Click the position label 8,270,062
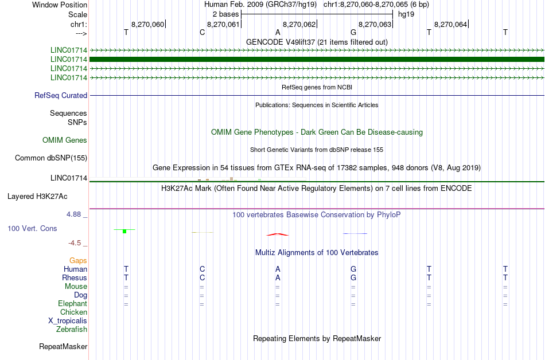tap(299, 24)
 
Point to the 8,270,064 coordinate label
tap(450, 24)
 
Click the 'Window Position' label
tap(60, 5)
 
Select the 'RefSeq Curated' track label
tap(61, 96)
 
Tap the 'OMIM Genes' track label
tap(65, 140)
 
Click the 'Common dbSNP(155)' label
tap(51, 158)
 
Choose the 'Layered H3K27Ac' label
tap(37, 197)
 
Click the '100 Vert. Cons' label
tap(32, 228)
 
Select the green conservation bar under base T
tap(124, 231)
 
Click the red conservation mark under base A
tap(277, 234)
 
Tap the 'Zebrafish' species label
tap(72, 329)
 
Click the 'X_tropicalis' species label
tap(68, 321)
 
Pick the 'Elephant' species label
tap(72, 303)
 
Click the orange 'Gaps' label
tap(78, 260)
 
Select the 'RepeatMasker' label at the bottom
tap(63, 346)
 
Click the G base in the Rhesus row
tap(353, 277)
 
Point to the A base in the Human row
tap(278, 269)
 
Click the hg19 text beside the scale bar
tap(406, 14)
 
